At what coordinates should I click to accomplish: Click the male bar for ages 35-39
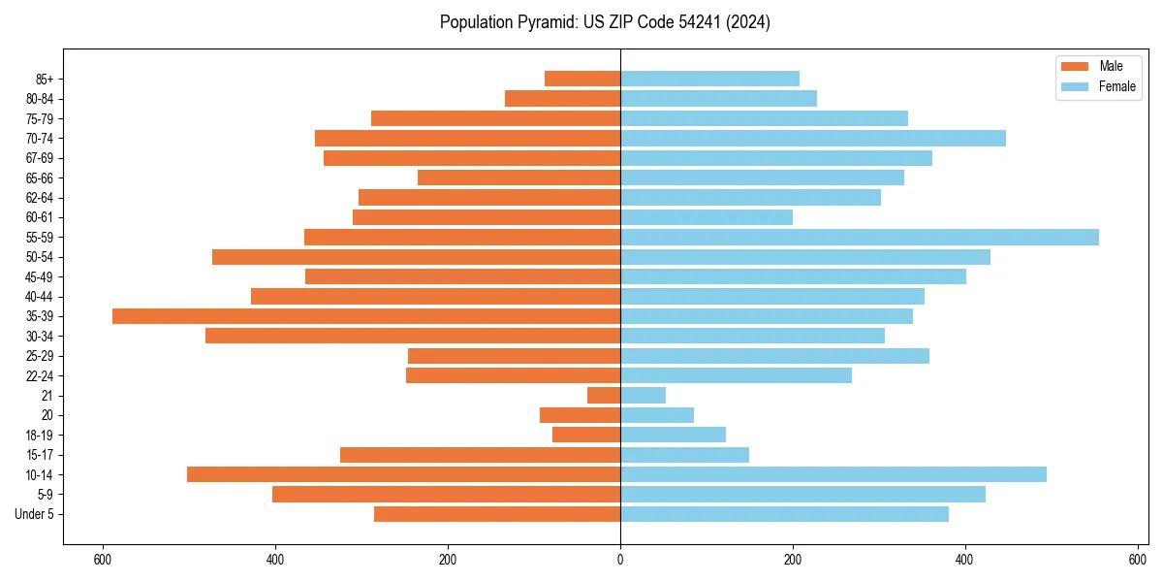click(x=366, y=316)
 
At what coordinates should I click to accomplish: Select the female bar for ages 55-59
click(x=859, y=238)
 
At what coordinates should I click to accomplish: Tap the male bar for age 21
click(x=604, y=395)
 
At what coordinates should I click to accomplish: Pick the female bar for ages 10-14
click(x=833, y=474)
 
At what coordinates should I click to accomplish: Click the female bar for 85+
click(x=709, y=79)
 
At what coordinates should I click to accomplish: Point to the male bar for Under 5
click(x=497, y=514)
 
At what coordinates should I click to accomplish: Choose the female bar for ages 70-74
click(x=812, y=138)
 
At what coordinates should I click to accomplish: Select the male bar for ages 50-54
click(x=416, y=257)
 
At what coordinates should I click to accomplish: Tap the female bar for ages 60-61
click(x=706, y=217)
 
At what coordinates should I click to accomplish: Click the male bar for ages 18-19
click(x=586, y=435)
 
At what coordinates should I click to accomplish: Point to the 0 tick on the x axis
click(x=620, y=560)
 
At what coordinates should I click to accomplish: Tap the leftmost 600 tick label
click(x=103, y=560)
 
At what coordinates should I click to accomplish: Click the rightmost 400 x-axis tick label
click(x=964, y=560)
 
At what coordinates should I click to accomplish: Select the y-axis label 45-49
click(x=40, y=276)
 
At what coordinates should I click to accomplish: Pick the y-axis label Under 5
click(x=35, y=514)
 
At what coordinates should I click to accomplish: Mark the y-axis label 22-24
click(x=40, y=375)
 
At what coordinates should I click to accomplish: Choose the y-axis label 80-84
click(x=40, y=99)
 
